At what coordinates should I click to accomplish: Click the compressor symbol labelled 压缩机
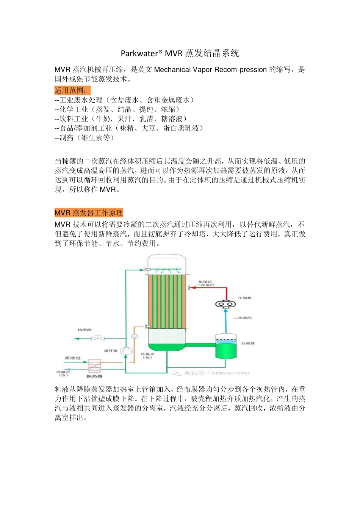pyautogui.click(x=225, y=304)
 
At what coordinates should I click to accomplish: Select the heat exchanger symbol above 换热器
pyautogui.click(x=95, y=366)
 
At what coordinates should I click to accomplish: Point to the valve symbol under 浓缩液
pyautogui.click(x=98, y=338)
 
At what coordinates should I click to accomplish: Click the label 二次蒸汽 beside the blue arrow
pyautogui.click(x=243, y=318)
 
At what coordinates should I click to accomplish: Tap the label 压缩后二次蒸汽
pyautogui.click(x=206, y=283)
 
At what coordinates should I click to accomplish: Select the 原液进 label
pyautogui.click(x=72, y=358)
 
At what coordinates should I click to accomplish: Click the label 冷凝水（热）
pyautogui.click(x=147, y=356)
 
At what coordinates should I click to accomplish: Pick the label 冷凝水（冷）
pyautogui.click(x=63, y=373)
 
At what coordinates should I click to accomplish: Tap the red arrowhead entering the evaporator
pyautogui.click(x=192, y=287)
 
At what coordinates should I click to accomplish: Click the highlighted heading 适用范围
pyautogui.click(x=72, y=91)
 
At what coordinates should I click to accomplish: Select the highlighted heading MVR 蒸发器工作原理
pyautogui.click(x=89, y=213)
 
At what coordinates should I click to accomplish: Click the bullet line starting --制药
pyautogui.click(x=84, y=138)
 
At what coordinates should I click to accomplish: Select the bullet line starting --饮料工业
pyautogui.click(x=121, y=119)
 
